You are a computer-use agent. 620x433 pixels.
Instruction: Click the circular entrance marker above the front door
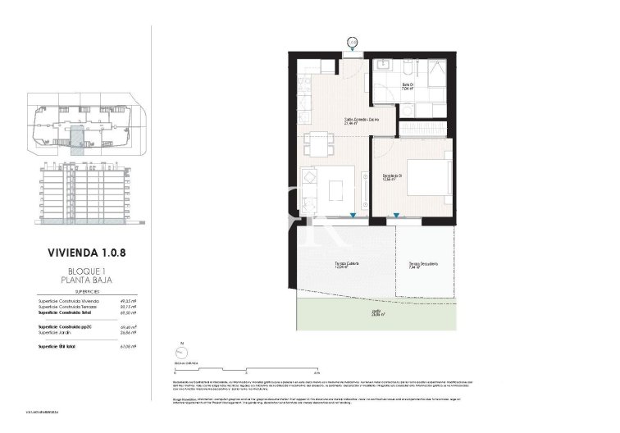353,40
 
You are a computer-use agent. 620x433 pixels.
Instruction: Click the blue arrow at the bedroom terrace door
397,216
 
